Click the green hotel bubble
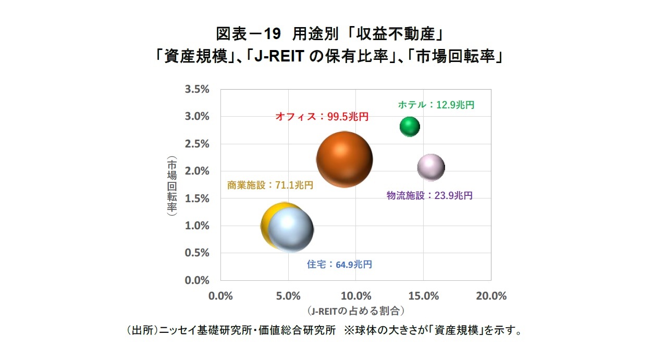tap(410, 126)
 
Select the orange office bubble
tap(344, 159)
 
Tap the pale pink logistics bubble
tap(431, 168)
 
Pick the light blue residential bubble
tap(290, 230)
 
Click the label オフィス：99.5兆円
tap(322, 117)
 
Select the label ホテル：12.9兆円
tap(436, 105)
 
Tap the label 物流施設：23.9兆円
tap(429, 195)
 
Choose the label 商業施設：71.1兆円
tap(270, 185)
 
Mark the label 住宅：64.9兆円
tap(339, 264)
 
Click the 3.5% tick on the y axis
tap(197, 89)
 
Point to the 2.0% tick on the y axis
tap(197, 171)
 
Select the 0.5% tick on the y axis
tap(197, 253)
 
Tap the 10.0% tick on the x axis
tap(355, 296)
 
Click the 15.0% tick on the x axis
tap(423, 296)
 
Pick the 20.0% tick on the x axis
tap(491, 296)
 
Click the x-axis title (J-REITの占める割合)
tap(356, 311)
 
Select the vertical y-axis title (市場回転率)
tap(171, 185)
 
